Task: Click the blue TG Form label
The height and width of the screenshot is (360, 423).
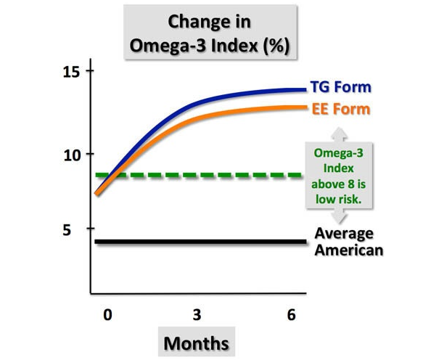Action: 341,87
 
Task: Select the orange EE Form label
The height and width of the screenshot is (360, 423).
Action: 341,109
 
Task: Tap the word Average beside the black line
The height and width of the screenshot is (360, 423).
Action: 344,234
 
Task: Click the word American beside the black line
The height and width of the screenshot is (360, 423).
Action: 349,250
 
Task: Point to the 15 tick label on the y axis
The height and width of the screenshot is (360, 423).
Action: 71,72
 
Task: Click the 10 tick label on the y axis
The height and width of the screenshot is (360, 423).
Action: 72,156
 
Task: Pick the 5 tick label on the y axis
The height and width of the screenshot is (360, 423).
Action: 67,230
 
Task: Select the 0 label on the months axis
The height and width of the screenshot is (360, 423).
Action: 107,315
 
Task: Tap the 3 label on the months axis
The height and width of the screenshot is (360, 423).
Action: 197,315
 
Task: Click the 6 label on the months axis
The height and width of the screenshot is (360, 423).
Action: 292,315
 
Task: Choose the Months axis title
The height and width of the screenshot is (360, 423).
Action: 197,343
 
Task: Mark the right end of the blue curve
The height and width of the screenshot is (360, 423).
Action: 306,89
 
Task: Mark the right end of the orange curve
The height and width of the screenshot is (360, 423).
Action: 306,107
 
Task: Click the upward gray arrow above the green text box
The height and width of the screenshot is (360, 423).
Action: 339,134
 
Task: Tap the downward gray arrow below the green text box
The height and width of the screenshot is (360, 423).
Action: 339,216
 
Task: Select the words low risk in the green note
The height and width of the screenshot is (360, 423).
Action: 339,200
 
